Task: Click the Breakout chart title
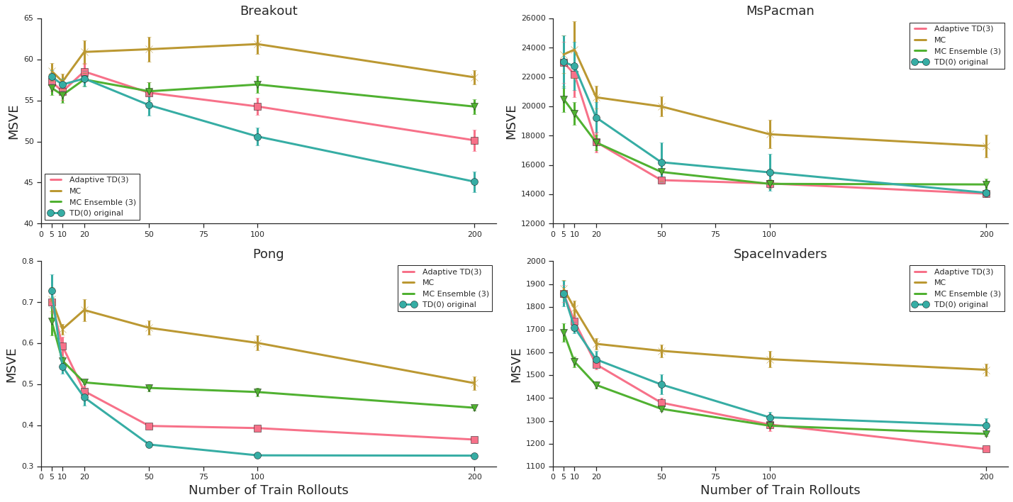(268, 11)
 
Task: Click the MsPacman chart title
(780, 11)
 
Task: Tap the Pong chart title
(268, 255)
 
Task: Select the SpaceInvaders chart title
(780, 255)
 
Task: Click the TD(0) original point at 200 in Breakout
(474, 182)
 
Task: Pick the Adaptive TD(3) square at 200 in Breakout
(474, 140)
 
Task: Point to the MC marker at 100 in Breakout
(257, 44)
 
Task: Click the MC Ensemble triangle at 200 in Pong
(474, 408)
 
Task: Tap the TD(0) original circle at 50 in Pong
(149, 445)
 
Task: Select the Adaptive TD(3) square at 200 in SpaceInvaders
(986, 449)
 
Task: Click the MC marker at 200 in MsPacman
(986, 146)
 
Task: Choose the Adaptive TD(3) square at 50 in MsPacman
(661, 180)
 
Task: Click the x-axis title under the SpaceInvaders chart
(780, 491)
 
